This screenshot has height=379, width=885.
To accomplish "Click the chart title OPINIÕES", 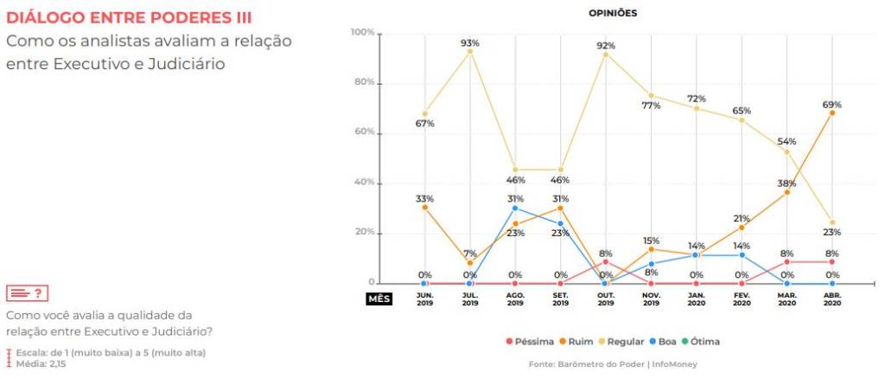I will pos(613,13).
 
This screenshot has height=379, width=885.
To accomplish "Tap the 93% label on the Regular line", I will pos(470,42).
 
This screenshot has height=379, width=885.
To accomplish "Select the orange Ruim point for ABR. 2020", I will pos(832,112).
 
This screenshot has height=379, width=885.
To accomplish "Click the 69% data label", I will pos(832,104).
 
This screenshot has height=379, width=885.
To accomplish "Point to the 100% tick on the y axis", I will pos(362,33).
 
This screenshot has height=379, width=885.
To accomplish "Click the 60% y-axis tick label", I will pos(364,132).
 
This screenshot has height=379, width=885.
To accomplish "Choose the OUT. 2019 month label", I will pos(606,299).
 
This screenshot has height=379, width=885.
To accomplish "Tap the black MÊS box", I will pos(379,299).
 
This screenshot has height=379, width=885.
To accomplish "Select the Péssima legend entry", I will pos(527,342).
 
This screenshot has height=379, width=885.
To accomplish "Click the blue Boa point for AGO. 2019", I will pos(515,209).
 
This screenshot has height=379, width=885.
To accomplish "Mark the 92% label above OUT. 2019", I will pos(606,45).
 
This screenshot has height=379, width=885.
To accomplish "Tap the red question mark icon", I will pos(25,294).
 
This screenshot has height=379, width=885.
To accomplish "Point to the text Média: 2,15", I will pos(40,363).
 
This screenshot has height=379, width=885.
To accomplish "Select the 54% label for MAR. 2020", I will pos(786,141).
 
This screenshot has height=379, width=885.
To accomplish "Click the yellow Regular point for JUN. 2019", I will pos(424,113).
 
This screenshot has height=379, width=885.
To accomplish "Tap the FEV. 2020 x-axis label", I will pos(742,299).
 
